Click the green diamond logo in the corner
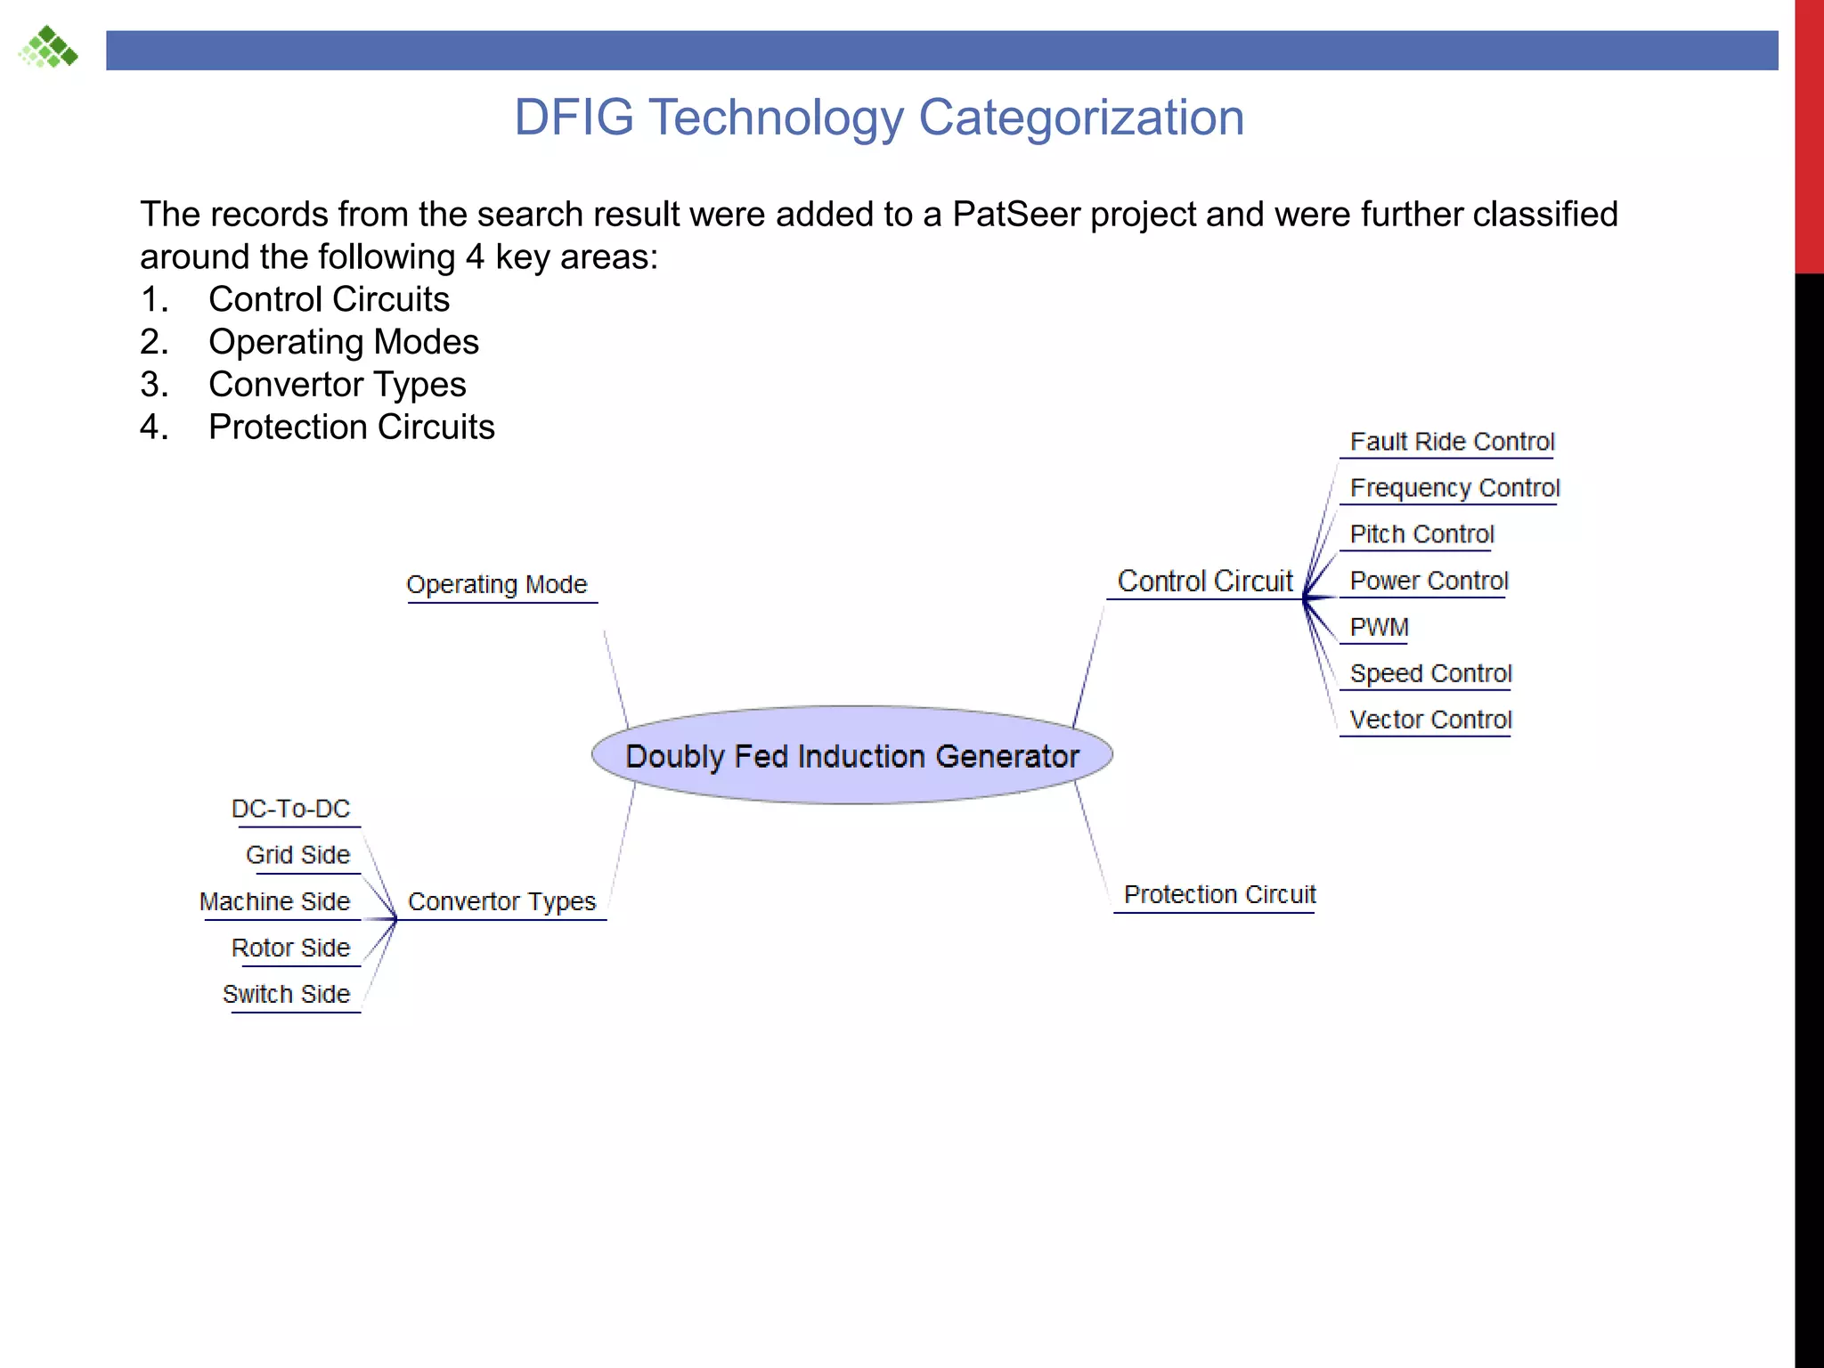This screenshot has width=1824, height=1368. pyautogui.click(x=48, y=47)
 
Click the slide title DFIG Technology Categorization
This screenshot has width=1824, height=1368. pyautogui.click(x=879, y=117)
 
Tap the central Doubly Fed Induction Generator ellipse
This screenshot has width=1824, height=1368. pyautogui.click(x=852, y=756)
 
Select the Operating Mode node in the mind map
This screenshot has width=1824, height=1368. pyautogui.click(x=497, y=584)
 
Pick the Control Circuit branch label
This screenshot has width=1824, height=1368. pyautogui.click(x=1204, y=581)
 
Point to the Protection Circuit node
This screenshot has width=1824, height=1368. pyautogui.click(x=1219, y=894)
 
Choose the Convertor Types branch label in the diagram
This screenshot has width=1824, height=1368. pyautogui.click(x=501, y=901)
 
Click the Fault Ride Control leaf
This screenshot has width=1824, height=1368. pyautogui.click(x=1452, y=442)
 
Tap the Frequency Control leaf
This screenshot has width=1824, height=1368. pyautogui.click(x=1454, y=488)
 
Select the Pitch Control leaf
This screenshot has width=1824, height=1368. pyautogui.click(x=1421, y=534)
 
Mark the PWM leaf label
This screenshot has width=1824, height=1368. pyautogui.click(x=1379, y=627)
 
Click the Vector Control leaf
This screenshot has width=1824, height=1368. pyautogui.click(x=1430, y=720)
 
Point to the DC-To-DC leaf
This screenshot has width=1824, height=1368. pyautogui.click(x=291, y=809)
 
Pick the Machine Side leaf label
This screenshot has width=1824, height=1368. pyautogui.click(x=275, y=901)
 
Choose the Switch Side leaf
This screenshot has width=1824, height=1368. pyautogui.click(x=287, y=994)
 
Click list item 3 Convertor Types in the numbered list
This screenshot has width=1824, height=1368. pyautogui.click(x=337, y=385)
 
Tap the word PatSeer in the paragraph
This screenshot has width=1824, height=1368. pyautogui.click(x=1016, y=215)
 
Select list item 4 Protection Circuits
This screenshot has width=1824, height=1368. pyautogui.click(x=351, y=427)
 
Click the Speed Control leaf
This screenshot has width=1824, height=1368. pyautogui.click(x=1430, y=673)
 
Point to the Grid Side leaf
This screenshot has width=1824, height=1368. pyautogui.click(x=298, y=855)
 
